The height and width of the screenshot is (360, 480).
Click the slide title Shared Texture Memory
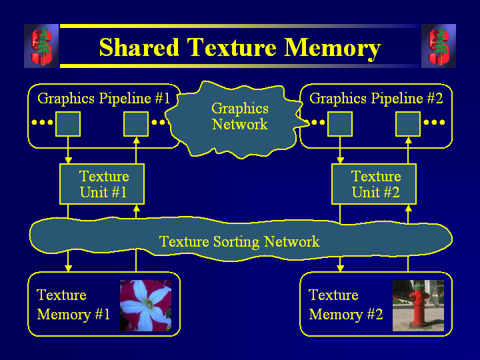239,47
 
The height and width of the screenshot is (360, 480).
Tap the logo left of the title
41,46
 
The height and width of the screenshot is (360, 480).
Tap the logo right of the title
438,46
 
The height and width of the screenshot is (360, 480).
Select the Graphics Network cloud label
239,117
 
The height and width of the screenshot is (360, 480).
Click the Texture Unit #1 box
102,185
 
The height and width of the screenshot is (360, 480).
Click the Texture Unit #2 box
374,185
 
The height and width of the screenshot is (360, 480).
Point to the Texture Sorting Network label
239,241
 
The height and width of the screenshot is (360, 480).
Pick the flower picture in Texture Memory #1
145,305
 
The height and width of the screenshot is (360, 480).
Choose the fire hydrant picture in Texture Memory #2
418,305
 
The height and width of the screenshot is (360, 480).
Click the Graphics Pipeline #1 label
103,99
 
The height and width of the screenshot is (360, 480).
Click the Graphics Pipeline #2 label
376,99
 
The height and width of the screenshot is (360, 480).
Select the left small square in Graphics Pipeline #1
68,123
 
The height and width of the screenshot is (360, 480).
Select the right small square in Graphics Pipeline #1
136,123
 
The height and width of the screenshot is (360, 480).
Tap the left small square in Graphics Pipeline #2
340,123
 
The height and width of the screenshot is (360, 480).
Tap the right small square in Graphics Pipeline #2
408,123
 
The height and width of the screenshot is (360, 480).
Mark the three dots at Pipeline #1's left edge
42,123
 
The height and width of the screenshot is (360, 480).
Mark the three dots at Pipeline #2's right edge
434,123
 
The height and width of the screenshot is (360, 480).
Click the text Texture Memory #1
73,305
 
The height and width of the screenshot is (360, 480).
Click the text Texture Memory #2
345,305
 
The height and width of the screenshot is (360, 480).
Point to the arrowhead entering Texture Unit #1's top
68,160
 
